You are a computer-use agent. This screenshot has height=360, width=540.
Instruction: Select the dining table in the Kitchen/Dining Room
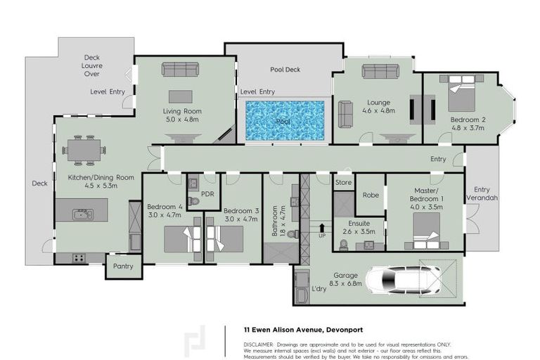[84, 150]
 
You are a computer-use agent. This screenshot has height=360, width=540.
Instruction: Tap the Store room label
[343, 183]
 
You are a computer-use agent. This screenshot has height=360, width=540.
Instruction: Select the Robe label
[371, 195]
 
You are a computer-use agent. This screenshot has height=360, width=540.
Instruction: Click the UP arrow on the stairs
[321, 228]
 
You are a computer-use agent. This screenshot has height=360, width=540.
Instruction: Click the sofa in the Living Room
[181, 69]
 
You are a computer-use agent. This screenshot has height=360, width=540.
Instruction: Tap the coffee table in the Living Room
[181, 96]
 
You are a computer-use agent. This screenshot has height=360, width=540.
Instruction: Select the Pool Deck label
[285, 70]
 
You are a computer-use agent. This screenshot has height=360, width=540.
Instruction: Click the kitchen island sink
[83, 214]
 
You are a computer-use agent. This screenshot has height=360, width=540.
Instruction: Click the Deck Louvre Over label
[91, 65]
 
